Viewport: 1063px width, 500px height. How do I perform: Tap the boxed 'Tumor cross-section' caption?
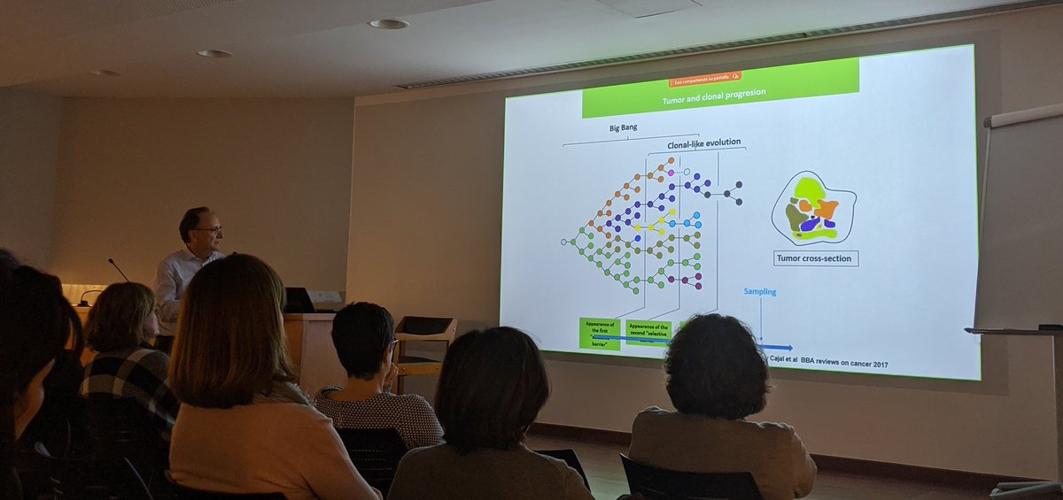(x=815, y=258)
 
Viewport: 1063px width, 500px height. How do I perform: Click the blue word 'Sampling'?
(x=759, y=291)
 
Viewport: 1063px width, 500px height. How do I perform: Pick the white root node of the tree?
(x=563, y=241)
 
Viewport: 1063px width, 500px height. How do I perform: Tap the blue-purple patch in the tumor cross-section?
(x=811, y=225)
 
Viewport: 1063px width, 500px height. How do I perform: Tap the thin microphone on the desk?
(x=118, y=269)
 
